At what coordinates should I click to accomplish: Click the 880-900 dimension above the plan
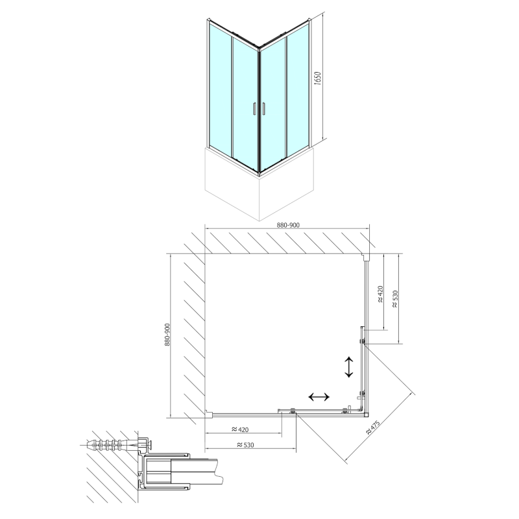[288, 225]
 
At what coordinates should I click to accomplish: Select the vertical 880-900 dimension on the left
[167, 335]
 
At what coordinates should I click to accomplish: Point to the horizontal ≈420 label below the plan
[239, 429]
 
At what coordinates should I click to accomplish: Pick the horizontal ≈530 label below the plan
[245, 445]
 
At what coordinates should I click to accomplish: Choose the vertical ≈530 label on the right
[395, 299]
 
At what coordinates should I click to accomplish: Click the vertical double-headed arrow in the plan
[349, 367]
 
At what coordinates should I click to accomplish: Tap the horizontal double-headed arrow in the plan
[319, 396]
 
